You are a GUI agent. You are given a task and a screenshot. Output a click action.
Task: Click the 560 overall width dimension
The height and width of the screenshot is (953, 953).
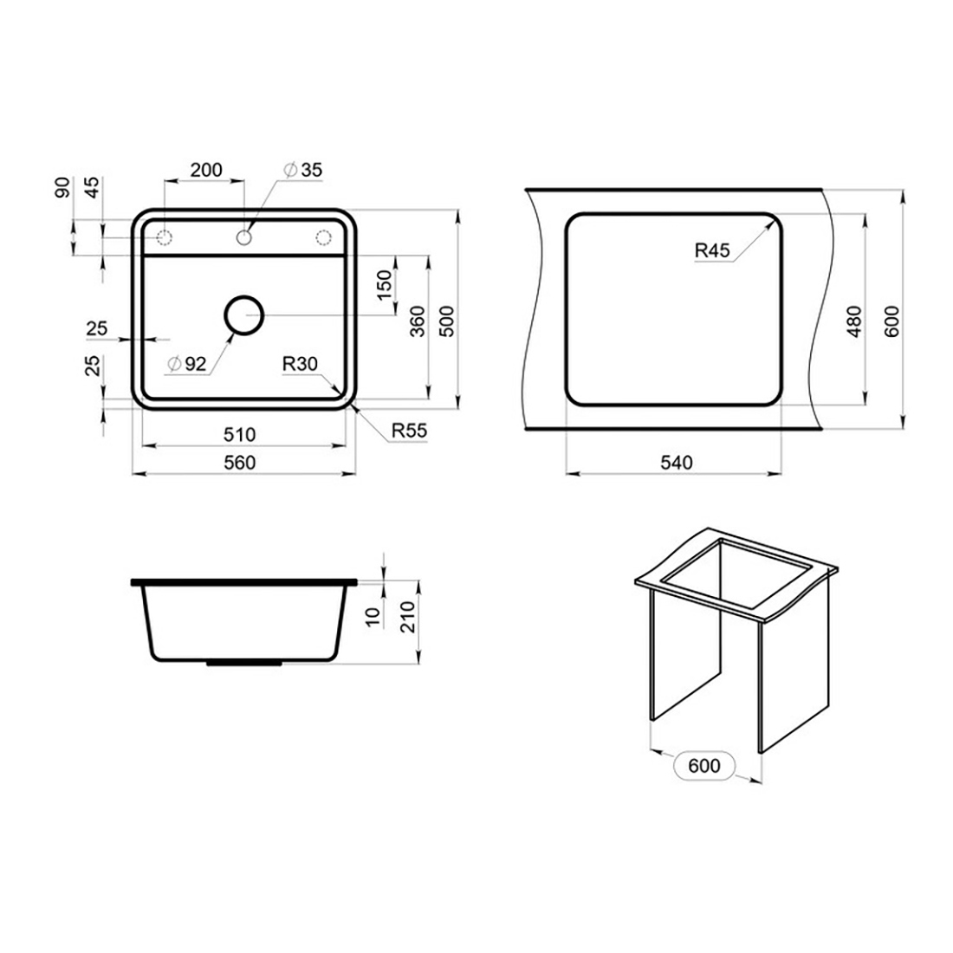pos(239,464)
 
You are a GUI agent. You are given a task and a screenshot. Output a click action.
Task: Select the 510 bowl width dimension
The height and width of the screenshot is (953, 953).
pos(239,435)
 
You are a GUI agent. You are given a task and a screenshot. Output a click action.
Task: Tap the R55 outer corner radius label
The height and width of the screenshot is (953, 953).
pos(409,431)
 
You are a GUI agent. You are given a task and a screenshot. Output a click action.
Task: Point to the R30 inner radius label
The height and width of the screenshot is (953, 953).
pos(300,364)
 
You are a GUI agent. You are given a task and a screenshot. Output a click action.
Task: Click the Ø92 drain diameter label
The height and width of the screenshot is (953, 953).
pos(187,364)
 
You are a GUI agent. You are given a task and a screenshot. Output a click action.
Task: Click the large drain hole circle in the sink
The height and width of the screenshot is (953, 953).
pos(243,297)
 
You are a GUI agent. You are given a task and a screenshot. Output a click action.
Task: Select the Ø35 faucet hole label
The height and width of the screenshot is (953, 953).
pos(302,170)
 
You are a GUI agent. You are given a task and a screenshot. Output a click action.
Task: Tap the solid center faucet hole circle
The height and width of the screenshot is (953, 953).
pos(244,237)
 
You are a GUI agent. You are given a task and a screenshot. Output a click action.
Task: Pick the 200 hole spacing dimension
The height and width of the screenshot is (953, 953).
pos(206,170)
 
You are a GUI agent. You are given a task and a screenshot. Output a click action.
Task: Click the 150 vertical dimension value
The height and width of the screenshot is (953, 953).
pos(385,286)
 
